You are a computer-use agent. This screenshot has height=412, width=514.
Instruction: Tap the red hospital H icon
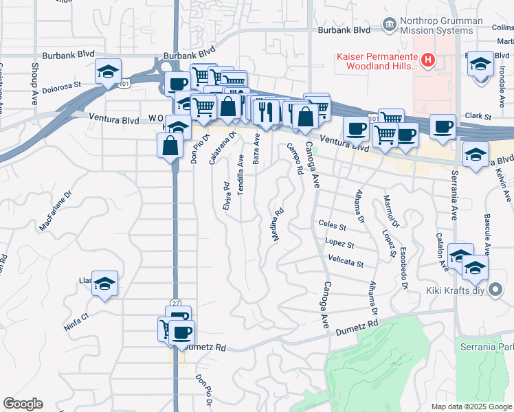(428, 60)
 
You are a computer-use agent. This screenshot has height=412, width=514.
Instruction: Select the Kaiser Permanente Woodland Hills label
(377, 60)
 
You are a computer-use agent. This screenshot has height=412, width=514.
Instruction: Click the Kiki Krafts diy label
(456, 290)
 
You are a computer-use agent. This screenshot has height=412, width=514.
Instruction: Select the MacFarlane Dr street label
(56, 215)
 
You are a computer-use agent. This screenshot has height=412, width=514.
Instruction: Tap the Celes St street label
(333, 224)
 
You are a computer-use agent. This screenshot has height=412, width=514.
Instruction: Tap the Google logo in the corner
(23, 404)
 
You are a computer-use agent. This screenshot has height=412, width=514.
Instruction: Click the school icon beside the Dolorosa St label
(109, 71)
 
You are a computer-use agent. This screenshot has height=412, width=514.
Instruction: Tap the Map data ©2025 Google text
(471, 407)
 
